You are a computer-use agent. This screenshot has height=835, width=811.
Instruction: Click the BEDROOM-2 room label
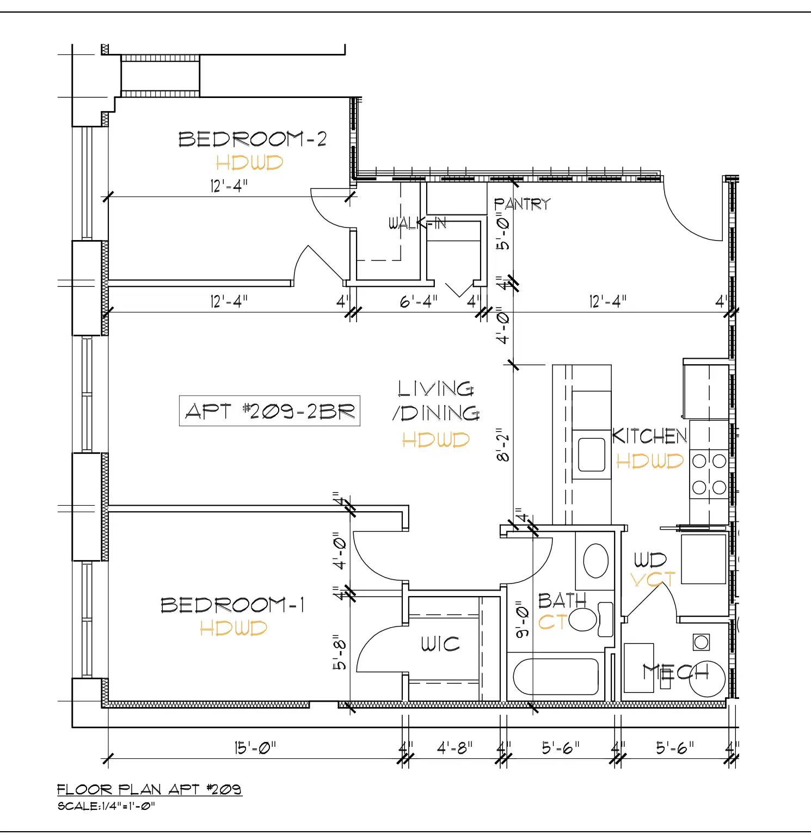253,139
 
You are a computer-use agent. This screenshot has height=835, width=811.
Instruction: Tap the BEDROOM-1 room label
232,605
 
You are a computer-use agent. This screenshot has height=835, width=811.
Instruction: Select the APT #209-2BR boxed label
269,411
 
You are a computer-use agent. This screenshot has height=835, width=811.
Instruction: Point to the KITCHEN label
649,436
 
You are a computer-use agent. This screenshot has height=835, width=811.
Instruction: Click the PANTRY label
522,204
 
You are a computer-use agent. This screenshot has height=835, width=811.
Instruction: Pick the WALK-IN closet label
417,223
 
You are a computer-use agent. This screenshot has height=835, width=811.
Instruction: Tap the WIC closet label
440,644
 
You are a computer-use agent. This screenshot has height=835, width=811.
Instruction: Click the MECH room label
675,672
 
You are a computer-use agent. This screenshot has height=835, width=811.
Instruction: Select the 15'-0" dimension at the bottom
255,748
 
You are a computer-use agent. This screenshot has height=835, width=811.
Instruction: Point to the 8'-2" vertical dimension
503,446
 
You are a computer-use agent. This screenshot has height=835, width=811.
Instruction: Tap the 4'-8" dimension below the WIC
454,748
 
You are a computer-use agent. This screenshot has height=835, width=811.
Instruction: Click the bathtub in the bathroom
556,677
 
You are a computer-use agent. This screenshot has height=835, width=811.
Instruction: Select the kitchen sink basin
591,455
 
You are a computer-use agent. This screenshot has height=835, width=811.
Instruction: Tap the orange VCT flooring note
653,579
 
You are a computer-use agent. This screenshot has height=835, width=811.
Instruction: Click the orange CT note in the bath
553,621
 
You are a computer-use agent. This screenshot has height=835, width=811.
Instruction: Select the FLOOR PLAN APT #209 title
150,789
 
